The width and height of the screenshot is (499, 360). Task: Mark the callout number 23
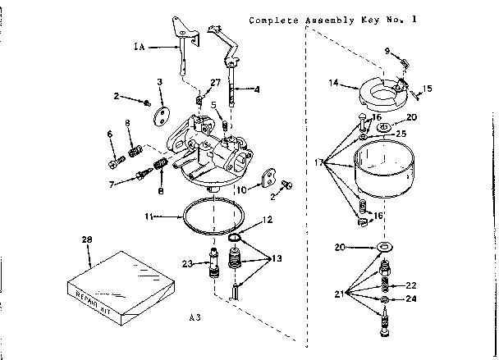(186, 263)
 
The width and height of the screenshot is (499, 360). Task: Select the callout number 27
(215, 83)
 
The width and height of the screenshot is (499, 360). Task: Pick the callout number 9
(386, 51)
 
